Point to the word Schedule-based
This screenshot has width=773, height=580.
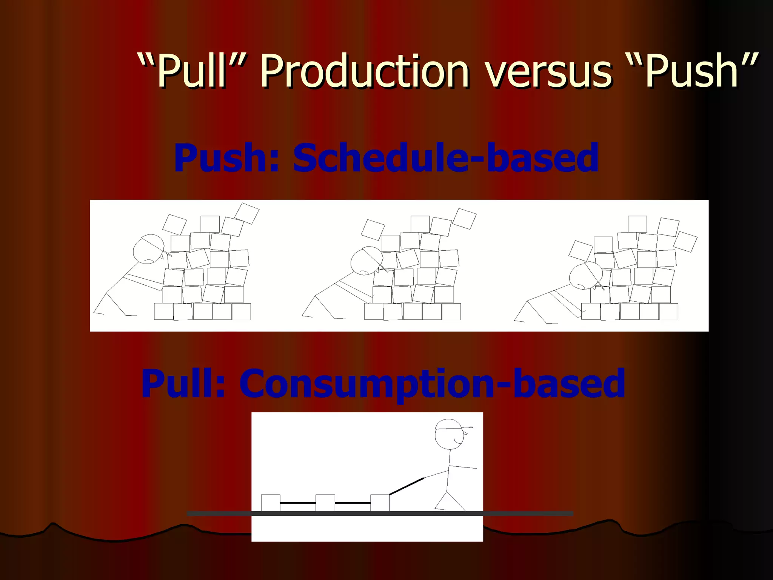tap(446, 157)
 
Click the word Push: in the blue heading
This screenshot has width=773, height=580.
tap(226, 157)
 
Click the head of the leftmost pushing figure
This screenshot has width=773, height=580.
tap(148, 250)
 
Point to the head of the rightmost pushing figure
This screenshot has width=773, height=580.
tap(584, 276)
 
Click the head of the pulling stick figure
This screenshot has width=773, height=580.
tap(449, 434)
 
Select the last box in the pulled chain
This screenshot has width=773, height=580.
tap(271, 503)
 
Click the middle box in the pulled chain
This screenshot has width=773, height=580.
tap(325, 503)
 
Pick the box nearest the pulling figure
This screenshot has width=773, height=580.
tap(380, 503)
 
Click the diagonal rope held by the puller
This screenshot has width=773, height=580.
tap(407, 486)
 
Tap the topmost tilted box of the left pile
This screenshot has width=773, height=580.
tap(247, 213)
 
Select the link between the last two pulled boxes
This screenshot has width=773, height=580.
tap(298, 503)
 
